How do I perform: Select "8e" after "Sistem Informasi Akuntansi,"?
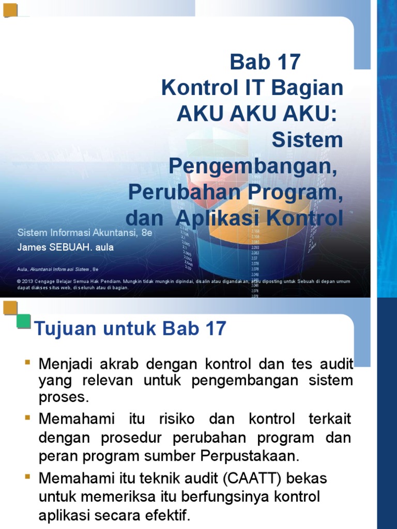coord(147,233)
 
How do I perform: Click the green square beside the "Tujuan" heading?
coord(23,321)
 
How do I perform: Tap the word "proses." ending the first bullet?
coord(64,398)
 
